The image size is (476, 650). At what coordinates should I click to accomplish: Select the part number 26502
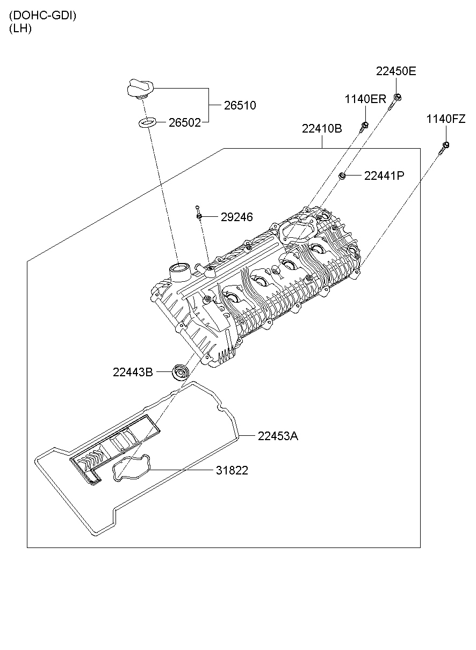[184, 123]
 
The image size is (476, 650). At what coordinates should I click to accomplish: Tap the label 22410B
[322, 129]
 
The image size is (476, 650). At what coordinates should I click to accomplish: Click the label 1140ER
[365, 99]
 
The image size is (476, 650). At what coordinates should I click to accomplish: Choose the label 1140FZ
[446, 119]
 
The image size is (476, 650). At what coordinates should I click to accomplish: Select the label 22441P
[384, 176]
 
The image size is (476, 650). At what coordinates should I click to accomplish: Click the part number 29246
[236, 217]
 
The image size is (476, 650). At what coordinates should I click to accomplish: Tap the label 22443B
[133, 372]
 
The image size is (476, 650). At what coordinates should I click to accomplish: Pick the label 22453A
[277, 436]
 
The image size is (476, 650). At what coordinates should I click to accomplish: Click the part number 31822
[232, 471]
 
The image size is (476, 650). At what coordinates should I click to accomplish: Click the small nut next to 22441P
[341, 176]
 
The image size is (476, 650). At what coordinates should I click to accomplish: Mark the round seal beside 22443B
[180, 371]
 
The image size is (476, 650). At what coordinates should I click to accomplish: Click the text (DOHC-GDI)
[42, 16]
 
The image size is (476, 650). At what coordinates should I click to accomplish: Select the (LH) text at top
[20, 29]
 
